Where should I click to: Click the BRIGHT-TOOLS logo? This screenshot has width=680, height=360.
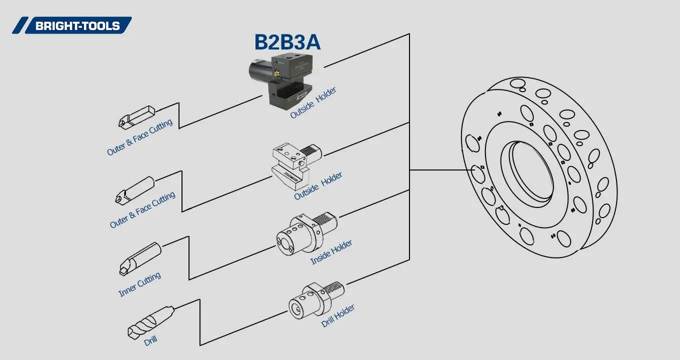tap(72, 25)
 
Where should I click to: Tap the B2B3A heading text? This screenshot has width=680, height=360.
tap(287, 42)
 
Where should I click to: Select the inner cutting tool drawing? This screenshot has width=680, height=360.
tap(140, 258)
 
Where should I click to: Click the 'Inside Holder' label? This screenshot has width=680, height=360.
tap(331, 252)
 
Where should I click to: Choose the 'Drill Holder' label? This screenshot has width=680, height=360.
tap(338, 316)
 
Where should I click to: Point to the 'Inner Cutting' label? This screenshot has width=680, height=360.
tap(139, 284)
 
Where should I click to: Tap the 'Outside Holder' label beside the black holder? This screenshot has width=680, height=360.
tap(313, 103)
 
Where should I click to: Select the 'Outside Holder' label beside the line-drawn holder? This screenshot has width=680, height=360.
tap(318, 186)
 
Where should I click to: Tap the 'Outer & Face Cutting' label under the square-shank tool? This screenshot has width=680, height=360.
tap(139, 137)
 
